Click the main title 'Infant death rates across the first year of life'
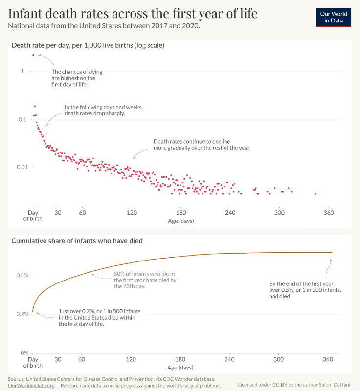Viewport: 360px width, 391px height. click(x=133, y=13)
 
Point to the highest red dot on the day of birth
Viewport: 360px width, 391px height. click(x=33, y=55)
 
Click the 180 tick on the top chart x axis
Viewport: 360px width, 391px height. click(x=181, y=213)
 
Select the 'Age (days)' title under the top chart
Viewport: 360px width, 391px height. click(x=181, y=221)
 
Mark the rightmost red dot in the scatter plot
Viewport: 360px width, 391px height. click(x=315, y=194)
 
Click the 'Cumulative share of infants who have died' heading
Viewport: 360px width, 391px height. click(x=77, y=241)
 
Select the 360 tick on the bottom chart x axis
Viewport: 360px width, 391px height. click(x=329, y=359)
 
